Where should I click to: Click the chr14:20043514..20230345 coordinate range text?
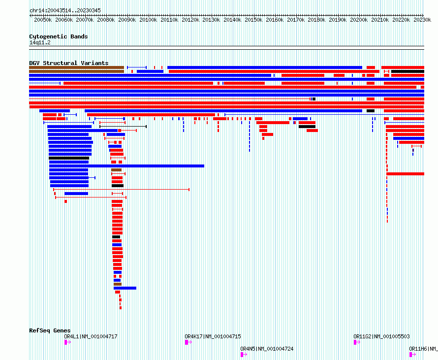[65, 10]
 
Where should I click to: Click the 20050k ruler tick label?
[43, 20]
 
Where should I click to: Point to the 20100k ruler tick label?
[148, 20]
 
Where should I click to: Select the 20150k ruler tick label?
[253, 20]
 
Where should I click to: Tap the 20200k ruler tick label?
[359, 20]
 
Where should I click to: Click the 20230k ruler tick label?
[422, 20]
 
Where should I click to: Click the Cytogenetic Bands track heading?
[58, 36]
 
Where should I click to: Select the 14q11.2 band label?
[40, 42]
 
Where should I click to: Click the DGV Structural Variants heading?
[68, 63]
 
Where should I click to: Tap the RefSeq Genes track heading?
[50, 330]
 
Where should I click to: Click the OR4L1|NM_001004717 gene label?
[91, 337]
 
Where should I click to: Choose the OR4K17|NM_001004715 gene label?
[213, 337]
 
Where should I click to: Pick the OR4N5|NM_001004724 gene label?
[267, 349]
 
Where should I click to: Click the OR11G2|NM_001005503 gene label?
[381, 337]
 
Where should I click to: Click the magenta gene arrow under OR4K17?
[188, 342]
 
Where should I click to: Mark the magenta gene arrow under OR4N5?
[243, 354]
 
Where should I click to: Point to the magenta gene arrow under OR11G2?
[356, 342]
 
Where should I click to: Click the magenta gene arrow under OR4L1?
[67, 342]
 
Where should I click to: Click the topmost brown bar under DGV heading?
[76, 67]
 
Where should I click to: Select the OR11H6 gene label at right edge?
[423, 349]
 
